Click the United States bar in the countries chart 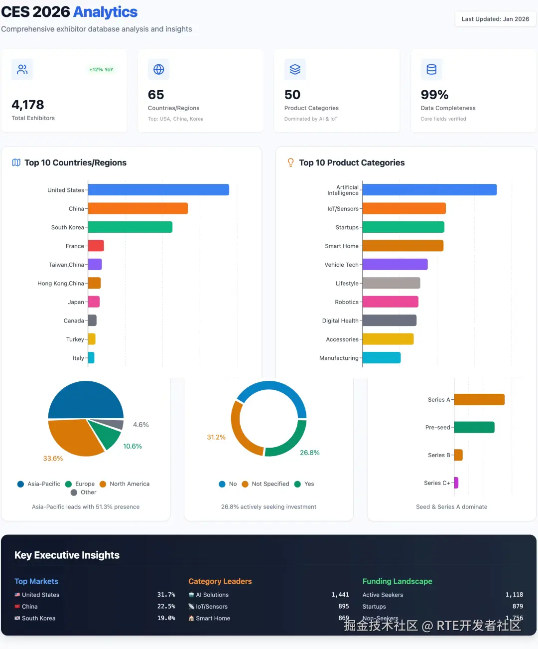point(158,190)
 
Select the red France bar point(96,246)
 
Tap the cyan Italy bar point(91,358)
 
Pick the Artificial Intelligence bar point(429,190)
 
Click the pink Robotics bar point(390,302)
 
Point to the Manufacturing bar point(382,358)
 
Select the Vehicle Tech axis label point(341,265)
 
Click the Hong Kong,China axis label point(61,283)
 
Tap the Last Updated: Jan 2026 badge point(495,19)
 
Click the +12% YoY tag point(101,70)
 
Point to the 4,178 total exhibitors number point(28,105)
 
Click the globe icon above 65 point(159,69)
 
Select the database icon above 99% point(431,69)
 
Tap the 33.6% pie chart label point(53,459)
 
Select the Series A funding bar point(479,400)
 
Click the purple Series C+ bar point(456,483)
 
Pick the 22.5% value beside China point(166,607)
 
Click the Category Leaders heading point(220,581)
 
